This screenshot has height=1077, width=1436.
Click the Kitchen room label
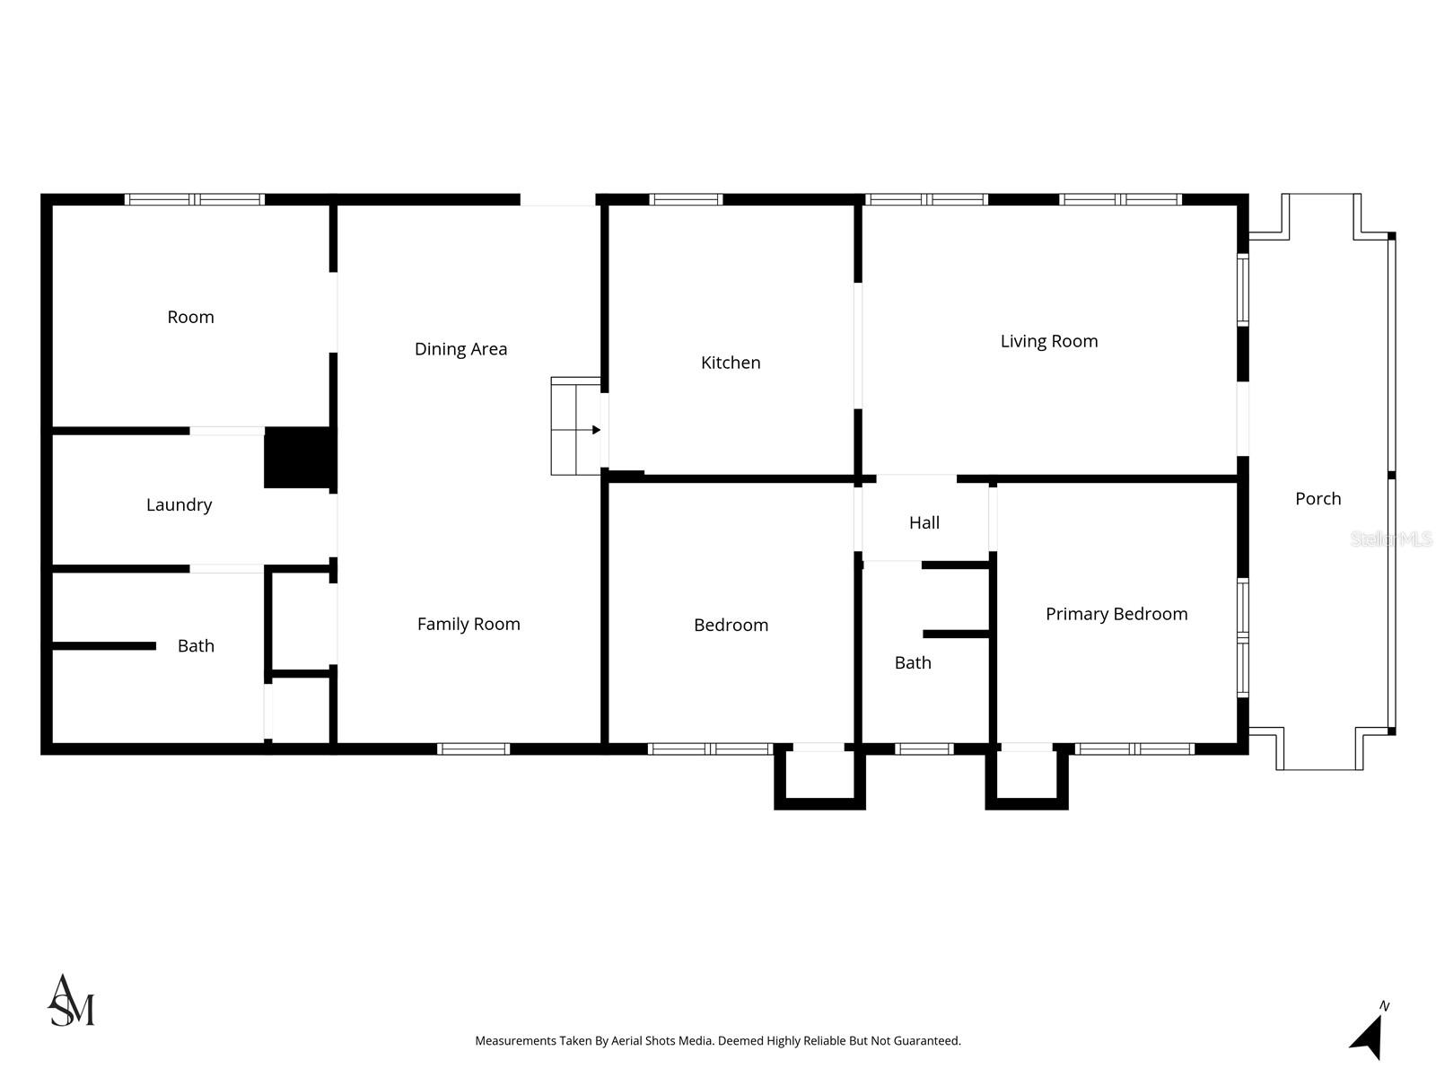point(731,363)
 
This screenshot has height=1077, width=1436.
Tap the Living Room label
point(1049,341)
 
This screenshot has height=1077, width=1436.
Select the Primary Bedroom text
point(1116,614)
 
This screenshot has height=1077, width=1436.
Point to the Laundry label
point(179,504)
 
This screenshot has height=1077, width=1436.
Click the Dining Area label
point(460,349)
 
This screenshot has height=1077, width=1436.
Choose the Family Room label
point(468,624)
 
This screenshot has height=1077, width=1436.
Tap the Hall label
point(924,522)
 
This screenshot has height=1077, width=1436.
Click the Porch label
point(1318,498)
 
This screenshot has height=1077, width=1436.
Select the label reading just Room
point(190,317)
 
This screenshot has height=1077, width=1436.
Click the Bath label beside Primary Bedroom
point(913,662)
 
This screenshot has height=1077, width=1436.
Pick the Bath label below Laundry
point(196,645)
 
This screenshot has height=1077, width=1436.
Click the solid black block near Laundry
point(298,458)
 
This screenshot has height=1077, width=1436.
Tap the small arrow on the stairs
point(595,430)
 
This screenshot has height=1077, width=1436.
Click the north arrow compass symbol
point(1368,1037)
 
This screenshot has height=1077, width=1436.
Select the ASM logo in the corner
point(71,1001)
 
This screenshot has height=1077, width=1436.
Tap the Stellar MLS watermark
point(1390,538)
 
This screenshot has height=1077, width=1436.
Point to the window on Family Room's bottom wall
point(474,749)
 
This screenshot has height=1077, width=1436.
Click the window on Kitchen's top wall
point(686,199)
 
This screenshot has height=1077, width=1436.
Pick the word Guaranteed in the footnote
point(929,1041)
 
